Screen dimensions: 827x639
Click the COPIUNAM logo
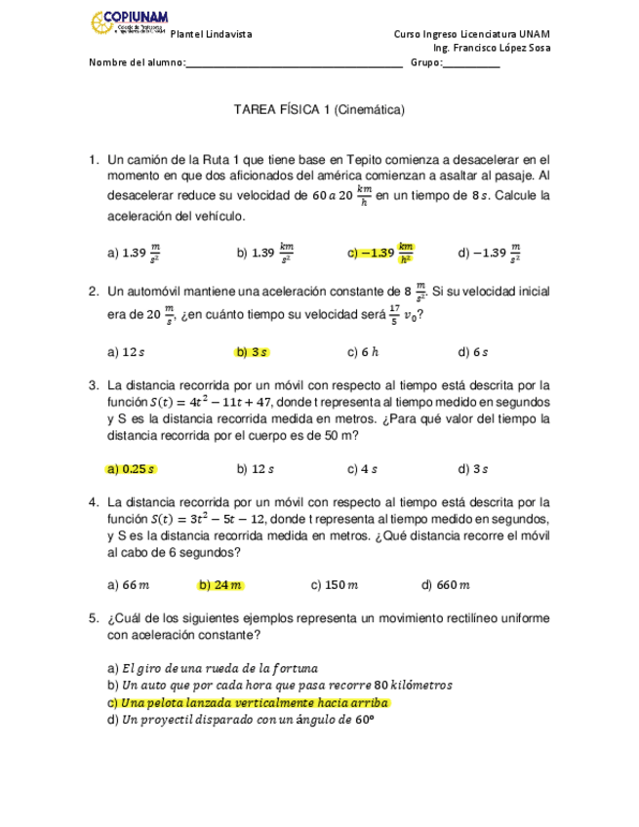coord(127,21)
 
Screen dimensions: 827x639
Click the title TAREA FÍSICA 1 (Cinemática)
coord(319,111)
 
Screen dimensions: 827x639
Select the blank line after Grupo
coord(471,63)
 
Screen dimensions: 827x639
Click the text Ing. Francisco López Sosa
coord(492,48)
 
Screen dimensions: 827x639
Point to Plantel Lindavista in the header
coord(212,33)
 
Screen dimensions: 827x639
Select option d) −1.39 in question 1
coord(490,253)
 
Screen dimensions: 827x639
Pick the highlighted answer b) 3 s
coord(252,351)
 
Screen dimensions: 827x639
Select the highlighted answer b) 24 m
coord(220,585)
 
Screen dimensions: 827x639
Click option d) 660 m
coord(445,585)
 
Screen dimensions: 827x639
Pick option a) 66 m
coord(128,585)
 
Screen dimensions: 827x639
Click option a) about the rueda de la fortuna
coord(213,668)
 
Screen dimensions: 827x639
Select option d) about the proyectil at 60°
coord(242,720)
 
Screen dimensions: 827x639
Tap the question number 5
coord(92,617)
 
